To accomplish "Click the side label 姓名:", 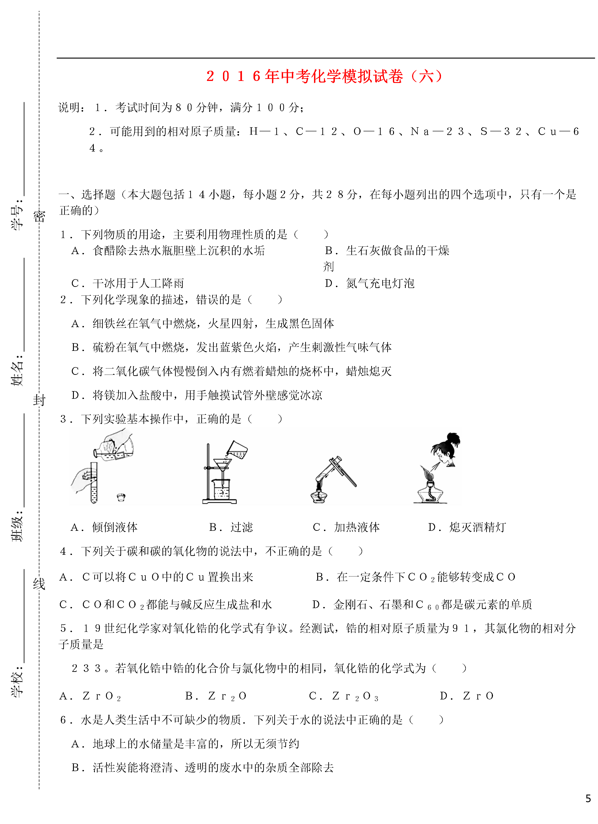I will tap(17, 370).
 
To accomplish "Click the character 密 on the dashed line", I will tap(39, 217).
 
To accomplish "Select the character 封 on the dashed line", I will tap(39, 400).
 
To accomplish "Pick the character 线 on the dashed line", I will tap(39, 584).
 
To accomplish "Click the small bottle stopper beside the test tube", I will tap(121, 497).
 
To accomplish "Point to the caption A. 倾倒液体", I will tap(104, 527).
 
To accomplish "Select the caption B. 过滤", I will tap(231, 527).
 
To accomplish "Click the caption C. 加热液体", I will tap(346, 527).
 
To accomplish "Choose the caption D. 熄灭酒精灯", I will tap(467, 527).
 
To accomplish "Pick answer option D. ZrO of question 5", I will tap(467, 696).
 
